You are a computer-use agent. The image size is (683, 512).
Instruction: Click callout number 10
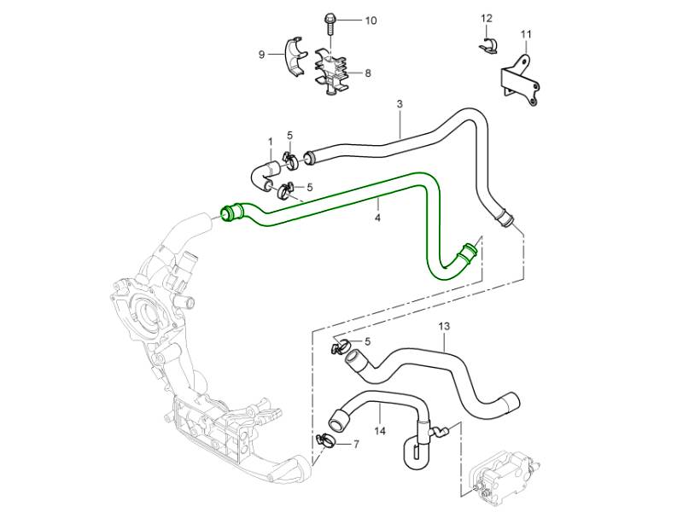371,20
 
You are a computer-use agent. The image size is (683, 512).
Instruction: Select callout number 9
262,55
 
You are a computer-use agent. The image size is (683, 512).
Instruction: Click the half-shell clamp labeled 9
295,55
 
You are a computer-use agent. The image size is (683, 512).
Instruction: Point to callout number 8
368,73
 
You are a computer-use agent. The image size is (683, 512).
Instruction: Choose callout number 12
487,18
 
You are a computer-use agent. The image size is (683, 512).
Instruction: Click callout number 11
526,35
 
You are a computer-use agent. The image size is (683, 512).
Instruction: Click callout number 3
400,104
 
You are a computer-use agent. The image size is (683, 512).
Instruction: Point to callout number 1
270,141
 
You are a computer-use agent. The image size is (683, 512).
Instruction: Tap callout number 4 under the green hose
377,218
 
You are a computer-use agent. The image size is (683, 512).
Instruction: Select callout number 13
444,326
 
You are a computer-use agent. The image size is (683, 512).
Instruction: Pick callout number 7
356,445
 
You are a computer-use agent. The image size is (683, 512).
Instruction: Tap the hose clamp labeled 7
324,441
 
